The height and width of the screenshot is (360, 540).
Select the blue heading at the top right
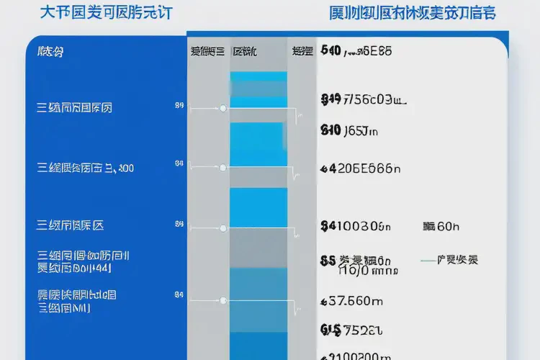point(413,13)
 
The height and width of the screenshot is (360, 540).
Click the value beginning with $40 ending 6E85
point(356,51)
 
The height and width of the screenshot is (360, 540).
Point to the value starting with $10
point(348,131)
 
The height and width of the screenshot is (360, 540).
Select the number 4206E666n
point(360,168)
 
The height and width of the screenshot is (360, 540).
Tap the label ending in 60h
point(441,226)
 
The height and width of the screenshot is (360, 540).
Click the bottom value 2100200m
point(356,355)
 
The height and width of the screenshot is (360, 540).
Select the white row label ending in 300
point(85,168)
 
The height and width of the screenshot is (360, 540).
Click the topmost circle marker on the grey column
point(222,108)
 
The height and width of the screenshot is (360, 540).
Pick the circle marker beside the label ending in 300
point(222,168)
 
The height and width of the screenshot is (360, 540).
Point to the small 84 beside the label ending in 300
point(179,163)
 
